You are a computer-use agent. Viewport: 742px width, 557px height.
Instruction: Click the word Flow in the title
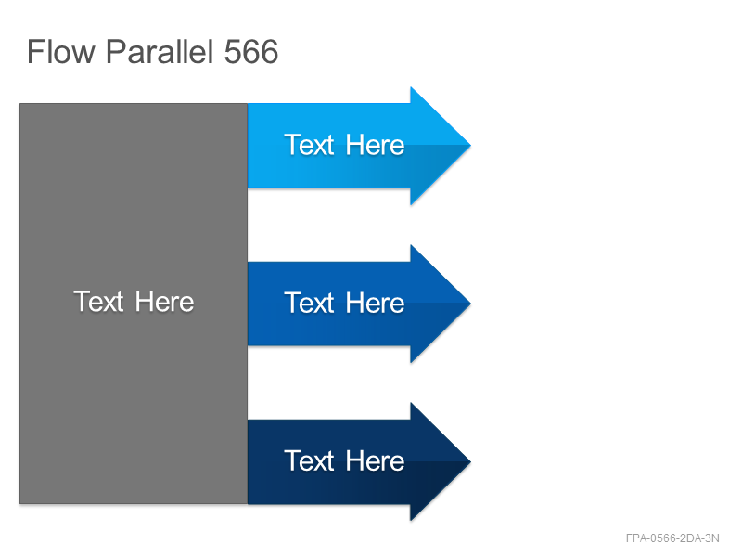point(61,52)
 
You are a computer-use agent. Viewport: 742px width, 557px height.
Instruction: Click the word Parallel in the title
point(159,52)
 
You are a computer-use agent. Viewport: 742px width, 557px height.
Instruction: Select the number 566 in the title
point(250,52)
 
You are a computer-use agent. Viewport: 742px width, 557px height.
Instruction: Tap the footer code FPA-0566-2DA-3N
point(672,538)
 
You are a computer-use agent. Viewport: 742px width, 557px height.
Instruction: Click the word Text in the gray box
point(98,302)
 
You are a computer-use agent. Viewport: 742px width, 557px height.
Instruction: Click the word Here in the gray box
point(165,302)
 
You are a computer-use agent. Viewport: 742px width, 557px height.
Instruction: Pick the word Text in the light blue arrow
point(309,145)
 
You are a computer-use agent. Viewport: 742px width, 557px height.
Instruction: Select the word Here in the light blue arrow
point(376,145)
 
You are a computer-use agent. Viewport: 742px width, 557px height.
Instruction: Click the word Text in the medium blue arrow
point(309,303)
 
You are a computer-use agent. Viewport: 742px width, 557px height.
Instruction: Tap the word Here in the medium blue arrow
point(376,303)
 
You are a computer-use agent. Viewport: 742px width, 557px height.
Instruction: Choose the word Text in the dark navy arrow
point(309,460)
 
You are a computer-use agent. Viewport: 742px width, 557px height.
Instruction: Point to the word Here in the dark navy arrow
point(376,460)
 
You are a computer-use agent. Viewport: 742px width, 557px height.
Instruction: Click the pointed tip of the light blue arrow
point(470,146)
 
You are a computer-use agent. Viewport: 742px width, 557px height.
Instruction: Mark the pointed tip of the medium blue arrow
point(470,304)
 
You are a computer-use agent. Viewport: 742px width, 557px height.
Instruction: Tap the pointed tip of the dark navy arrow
point(470,461)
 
